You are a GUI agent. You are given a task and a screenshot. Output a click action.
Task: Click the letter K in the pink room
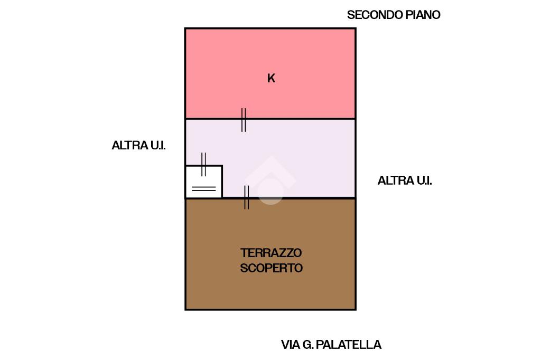point(271,78)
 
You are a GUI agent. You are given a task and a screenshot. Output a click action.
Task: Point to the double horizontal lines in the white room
point(204,188)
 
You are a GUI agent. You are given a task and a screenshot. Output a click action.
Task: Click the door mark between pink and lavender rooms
point(244,120)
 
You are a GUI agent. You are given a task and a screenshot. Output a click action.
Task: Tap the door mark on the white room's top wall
point(203,164)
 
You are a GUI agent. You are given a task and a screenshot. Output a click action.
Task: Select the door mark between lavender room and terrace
point(246,197)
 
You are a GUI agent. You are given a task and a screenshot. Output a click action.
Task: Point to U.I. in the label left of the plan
point(157,146)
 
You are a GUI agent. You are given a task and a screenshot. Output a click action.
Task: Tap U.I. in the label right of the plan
point(424,181)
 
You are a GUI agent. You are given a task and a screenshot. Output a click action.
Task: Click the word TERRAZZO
point(271,253)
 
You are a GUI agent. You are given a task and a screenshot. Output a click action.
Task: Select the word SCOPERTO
point(271,268)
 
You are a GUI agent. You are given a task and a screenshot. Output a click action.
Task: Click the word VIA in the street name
point(291,345)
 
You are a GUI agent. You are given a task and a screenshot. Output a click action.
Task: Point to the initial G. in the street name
point(308,345)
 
